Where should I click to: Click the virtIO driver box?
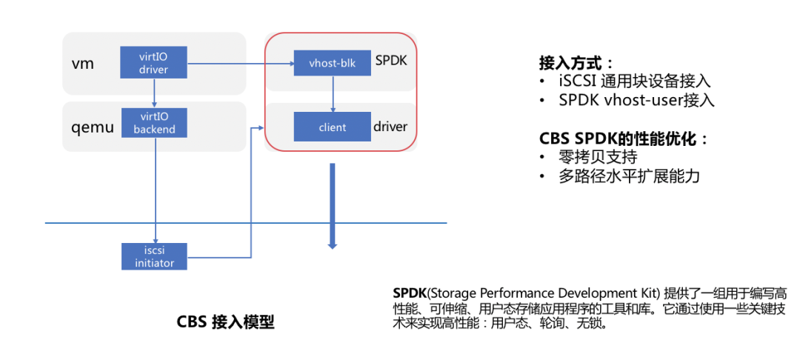click(x=153, y=62)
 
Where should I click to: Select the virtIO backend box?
click(x=153, y=122)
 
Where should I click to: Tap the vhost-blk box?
click(x=332, y=64)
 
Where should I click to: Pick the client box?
click(x=332, y=127)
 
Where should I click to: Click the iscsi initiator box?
click(x=154, y=256)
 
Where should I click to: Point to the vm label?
click(x=82, y=63)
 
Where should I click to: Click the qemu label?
click(x=92, y=127)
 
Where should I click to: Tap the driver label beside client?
click(x=390, y=127)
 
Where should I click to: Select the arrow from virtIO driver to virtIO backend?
click(x=153, y=93)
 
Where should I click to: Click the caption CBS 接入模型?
click(x=225, y=322)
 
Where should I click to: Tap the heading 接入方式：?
click(x=576, y=63)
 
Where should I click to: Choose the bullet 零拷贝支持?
click(x=599, y=158)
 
